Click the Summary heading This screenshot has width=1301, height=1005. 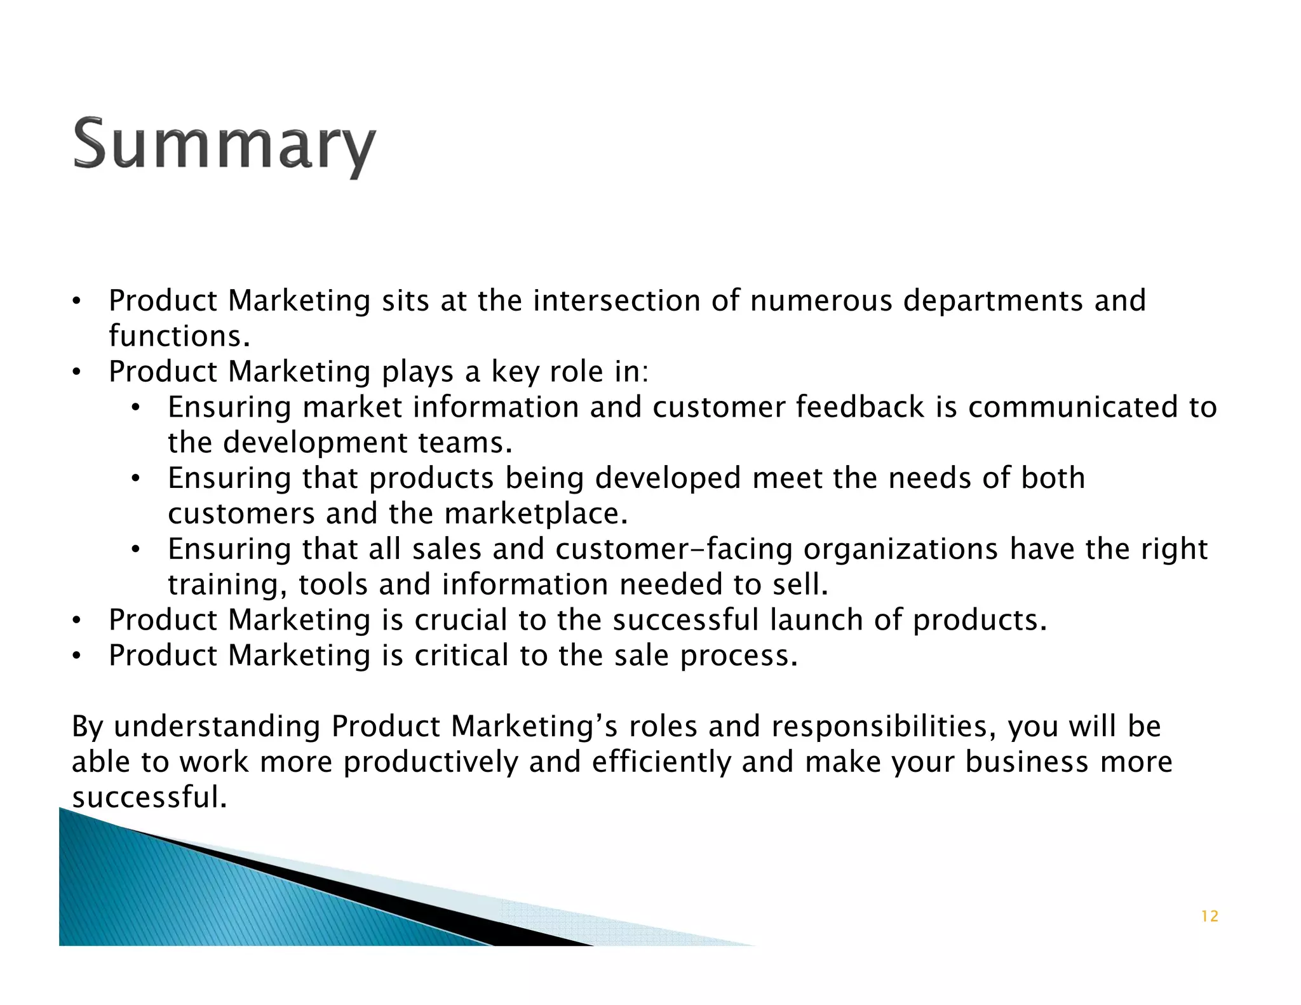pyautogui.click(x=224, y=144)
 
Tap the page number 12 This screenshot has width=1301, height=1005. pyautogui.click(x=1210, y=916)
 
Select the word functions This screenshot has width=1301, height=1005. pyautogui.click(x=179, y=336)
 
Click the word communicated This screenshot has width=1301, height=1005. pyautogui.click(x=1074, y=407)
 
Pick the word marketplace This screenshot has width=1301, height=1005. pyautogui.click(x=536, y=514)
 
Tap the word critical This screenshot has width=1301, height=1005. pyautogui.click(x=461, y=656)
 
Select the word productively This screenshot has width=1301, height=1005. pyautogui.click(x=431, y=762)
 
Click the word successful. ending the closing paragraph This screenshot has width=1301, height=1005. pyautogui.click(x=149, y=797)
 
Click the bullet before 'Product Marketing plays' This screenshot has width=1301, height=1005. pyautogui.click(x=76, y=373)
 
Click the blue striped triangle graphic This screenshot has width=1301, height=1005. pyautogui.click(x=191, y=896)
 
